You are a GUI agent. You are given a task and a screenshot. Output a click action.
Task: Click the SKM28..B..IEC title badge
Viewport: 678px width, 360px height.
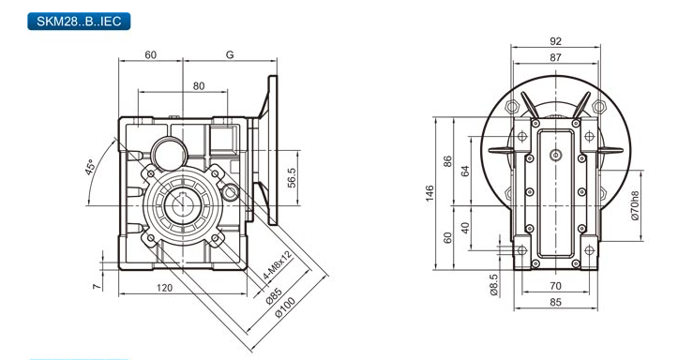79,22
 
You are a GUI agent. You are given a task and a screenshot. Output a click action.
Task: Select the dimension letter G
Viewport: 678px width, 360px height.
230,55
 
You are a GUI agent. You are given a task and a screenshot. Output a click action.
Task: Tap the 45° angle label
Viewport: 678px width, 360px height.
89,167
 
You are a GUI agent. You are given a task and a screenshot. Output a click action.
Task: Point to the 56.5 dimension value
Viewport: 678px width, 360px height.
292,177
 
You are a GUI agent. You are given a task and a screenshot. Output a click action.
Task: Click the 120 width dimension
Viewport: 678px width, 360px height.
164,288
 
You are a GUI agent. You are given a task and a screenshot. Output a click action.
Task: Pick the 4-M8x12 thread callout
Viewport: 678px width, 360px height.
278,264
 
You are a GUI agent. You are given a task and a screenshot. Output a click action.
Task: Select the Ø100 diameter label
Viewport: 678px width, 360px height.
285,307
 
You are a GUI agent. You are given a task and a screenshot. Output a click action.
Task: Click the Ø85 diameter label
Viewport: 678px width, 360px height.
274,296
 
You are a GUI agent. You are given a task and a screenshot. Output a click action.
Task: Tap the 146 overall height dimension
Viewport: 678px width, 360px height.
429,193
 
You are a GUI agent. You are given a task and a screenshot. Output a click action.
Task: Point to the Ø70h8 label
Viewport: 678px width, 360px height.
635,205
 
